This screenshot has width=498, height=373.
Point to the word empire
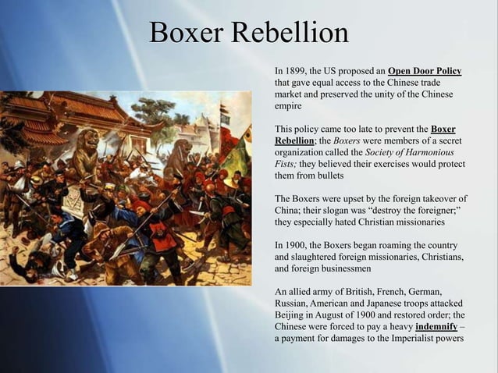pos(290,105)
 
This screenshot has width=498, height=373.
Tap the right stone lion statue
pos(179,156)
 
